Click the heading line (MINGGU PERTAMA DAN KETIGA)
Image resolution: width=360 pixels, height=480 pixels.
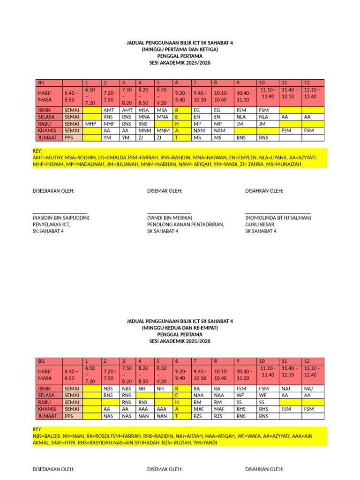[180, 49]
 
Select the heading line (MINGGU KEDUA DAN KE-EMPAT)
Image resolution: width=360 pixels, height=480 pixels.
[180, 328]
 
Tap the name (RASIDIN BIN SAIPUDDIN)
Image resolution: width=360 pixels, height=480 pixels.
[61, 218]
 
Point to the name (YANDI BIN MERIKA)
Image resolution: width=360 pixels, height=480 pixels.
[170, 218]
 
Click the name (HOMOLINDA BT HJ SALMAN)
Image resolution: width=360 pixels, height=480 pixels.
[278, 218]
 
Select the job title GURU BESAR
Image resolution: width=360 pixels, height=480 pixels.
[260, 225]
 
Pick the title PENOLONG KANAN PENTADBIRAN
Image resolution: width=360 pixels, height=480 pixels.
[186, 225]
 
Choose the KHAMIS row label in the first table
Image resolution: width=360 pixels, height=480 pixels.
[47, 131]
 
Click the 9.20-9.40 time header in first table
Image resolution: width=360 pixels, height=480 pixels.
[180, 96]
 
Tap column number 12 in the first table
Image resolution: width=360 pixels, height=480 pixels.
[307, 82]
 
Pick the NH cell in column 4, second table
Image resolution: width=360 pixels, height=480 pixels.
[142, 388]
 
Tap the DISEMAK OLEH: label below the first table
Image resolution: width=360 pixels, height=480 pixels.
[165, 191]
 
